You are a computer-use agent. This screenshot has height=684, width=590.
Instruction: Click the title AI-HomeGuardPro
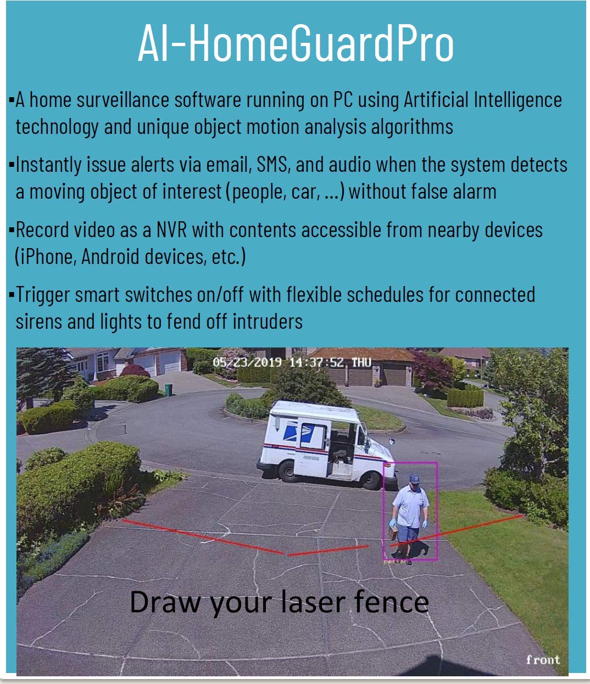(296, 43)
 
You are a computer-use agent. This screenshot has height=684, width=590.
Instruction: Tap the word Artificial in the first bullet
(436, 99)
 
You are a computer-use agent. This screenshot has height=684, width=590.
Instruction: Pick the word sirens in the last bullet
(39, 321)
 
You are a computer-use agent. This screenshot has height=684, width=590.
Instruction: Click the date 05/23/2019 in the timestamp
(247, 362)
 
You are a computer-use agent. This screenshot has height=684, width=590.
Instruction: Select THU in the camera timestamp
(361, 362)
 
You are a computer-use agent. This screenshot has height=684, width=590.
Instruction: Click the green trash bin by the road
(168, 390)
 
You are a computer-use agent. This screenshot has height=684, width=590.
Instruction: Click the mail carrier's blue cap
(414, 478)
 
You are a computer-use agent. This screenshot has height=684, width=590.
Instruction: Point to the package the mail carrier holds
(393, 533)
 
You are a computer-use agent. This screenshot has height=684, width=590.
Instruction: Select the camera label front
(543, 659)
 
